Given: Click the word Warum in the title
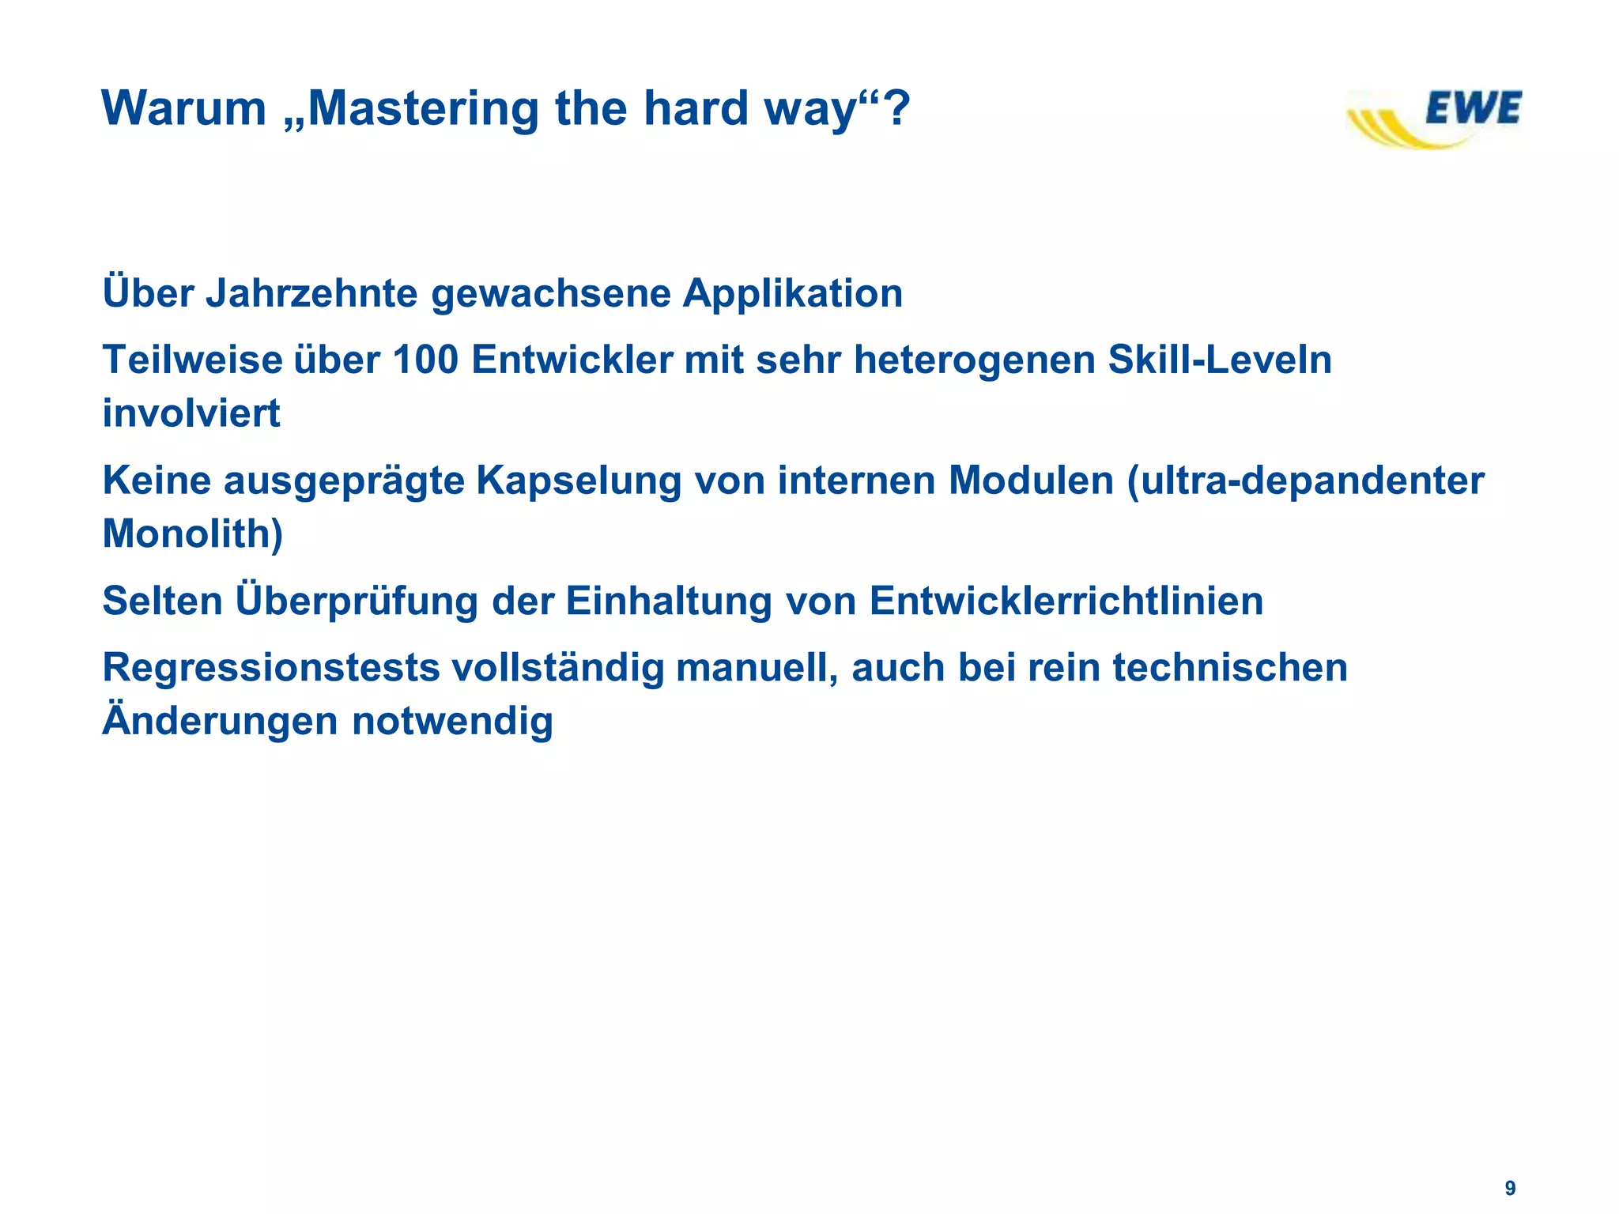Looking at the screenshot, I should point(184,108).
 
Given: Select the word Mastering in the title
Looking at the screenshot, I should point(424,108).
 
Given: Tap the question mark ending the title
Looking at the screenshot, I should point(896,108).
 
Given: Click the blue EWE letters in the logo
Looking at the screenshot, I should point(1473,109).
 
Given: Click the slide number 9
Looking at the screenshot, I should point(1510,1189).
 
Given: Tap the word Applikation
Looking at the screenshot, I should point(792,294).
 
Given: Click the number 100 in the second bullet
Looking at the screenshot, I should point(425,360).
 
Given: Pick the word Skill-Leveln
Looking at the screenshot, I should point(1219,360).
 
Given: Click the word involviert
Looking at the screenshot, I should point(191,413).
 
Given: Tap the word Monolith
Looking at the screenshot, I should point(187,533).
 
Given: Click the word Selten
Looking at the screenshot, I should point(163,601).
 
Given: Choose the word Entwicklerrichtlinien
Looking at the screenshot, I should point(1066,601).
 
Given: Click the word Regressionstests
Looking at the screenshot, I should point(271,668).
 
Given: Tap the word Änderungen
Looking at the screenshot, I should point(221,721).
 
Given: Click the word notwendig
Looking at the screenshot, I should point(452,721).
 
